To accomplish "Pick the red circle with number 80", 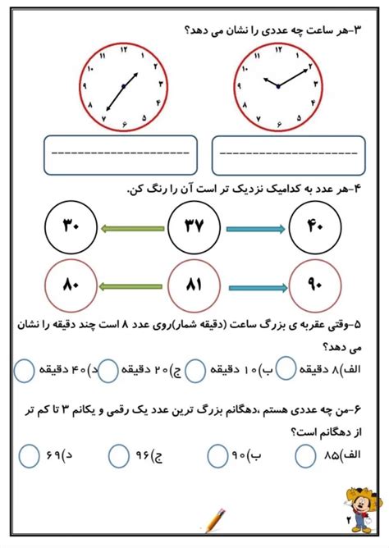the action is click(70, 286).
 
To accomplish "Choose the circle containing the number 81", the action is click(194, 286).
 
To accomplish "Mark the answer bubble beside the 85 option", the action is click(306, 454).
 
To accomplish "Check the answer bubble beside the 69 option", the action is click(30, 454).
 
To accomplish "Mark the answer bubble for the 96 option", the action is click(120, 454).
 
